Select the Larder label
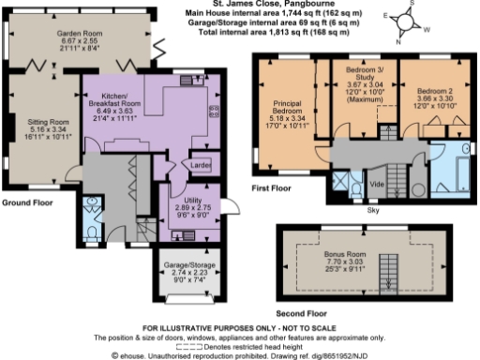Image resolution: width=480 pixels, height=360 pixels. click(200, 166)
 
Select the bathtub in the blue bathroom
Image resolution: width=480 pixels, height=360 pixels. click(458, 171)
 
